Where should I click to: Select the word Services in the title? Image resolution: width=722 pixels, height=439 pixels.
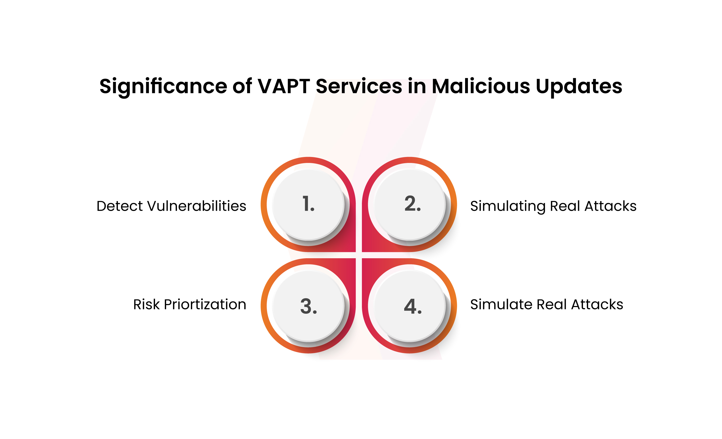click(x=359, y=86)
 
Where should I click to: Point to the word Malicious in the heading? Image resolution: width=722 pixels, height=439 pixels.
click(x=481, y=86)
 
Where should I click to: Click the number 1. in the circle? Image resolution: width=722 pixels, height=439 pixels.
click(x=309, y=203)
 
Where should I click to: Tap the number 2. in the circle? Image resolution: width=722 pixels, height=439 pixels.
click(x=412, y=203)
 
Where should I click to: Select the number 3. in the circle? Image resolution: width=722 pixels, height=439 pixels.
click(x=309, y=306)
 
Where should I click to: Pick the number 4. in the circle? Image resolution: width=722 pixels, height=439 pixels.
click(x=412, y=306)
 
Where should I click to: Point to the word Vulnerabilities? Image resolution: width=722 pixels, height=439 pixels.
click(x=197, y=206)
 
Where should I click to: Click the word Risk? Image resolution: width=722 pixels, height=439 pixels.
click(x=147, y=304)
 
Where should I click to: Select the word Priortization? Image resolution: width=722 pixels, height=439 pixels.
click(x=205, y=305)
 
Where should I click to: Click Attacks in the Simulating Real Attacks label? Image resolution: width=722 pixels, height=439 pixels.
click(x=611, y=206)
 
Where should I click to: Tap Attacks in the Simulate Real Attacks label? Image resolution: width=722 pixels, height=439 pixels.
click(x=597, y=304)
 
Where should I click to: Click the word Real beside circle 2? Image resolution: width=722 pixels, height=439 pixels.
click(x=565, y=206)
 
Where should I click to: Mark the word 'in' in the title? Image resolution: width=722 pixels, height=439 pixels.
click(x=417, y=86)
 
